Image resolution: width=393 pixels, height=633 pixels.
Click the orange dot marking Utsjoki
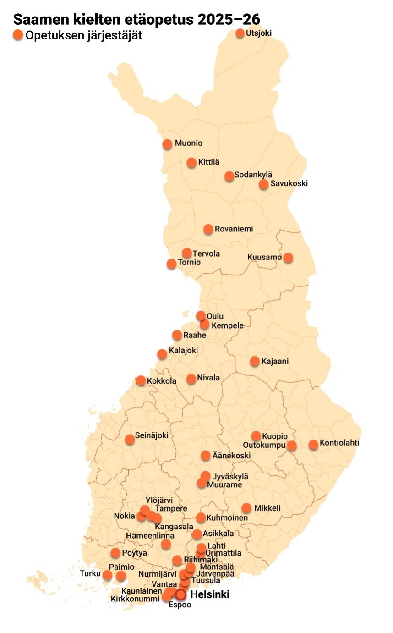(240, 33)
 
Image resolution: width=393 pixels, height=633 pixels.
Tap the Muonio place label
(188, 143)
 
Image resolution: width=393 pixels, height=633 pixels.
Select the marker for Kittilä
(191, 163)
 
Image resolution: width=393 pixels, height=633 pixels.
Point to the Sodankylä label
(253, 175)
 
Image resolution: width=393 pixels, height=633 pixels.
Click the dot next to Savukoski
(263, 184)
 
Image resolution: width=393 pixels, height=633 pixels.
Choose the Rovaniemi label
(234, 229)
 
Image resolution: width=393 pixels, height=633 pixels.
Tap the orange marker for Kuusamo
(288, 258)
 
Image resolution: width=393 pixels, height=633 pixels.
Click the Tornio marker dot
(171, 264)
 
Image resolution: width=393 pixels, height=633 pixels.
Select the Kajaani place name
(275, 361)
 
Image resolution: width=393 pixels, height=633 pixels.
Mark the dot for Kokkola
(141, 381)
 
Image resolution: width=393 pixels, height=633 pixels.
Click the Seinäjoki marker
(130, 440)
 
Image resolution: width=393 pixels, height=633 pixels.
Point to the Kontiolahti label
(339, 443)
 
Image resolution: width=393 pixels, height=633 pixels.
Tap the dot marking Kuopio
(256, 436)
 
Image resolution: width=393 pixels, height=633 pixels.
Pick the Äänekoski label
(231, 456)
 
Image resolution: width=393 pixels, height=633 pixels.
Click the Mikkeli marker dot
(246, 508)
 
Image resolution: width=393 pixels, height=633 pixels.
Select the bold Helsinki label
(209, 595)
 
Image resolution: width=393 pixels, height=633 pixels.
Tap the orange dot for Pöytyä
(115, 553)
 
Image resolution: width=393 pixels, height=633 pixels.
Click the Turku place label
(89, 573)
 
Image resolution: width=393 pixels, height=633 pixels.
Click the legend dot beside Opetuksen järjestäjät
(18, 35)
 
